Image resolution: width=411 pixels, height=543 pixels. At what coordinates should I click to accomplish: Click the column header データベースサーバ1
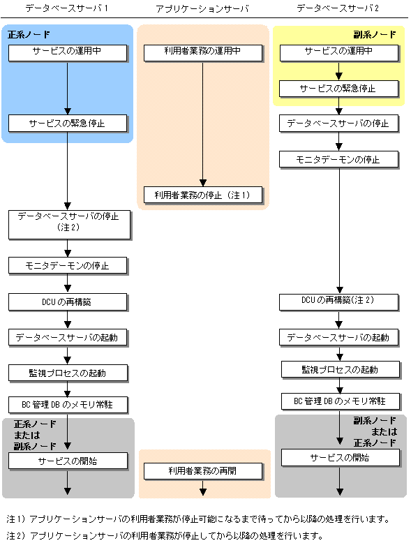point(66,8)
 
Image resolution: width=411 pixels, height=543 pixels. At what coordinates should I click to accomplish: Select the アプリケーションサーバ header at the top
point(202,8)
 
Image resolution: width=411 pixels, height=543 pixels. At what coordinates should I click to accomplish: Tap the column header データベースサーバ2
point(338,8)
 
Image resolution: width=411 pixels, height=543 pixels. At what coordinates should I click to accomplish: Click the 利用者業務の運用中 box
point(203,53)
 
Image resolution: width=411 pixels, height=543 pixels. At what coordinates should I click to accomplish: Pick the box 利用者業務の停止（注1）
point(203,195)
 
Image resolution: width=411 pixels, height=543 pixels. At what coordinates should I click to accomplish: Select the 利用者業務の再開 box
point(203,471)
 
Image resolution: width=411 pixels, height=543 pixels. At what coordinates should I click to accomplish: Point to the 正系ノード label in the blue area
point(29,34)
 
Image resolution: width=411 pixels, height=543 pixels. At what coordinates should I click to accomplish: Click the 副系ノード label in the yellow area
point(375,34)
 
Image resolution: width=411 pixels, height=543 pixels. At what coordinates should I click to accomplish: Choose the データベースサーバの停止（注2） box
point(69,225)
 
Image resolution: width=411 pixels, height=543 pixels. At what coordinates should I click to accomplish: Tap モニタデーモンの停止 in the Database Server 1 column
point(68,266)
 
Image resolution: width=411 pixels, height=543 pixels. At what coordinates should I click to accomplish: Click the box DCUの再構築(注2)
point(339,302)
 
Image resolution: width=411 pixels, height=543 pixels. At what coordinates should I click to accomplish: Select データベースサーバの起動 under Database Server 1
point(68,338)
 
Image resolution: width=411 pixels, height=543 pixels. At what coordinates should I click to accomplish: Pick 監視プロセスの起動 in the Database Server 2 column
point(341,370)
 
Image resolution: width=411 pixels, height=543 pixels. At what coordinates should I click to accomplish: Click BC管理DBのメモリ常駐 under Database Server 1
point(68,406)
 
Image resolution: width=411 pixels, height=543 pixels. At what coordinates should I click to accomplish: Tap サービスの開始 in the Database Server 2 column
point(341,458)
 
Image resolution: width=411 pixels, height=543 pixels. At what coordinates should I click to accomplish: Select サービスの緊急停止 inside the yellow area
point(339,89)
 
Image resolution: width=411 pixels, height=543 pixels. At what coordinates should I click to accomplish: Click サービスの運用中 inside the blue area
point(68,53)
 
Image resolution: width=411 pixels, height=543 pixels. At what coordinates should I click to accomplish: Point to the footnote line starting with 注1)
point(198,519)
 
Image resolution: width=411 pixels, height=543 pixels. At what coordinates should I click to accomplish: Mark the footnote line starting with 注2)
point(165,536)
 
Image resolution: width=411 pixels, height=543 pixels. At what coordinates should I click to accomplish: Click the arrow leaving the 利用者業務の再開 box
point(203,488)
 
